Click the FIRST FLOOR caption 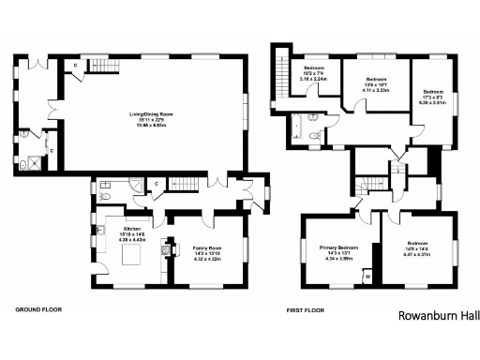308,307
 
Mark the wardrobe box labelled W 367,277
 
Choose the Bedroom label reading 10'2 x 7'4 314,74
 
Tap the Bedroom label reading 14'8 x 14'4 416,247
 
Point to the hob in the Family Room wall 168,250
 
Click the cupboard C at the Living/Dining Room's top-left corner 76,66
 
